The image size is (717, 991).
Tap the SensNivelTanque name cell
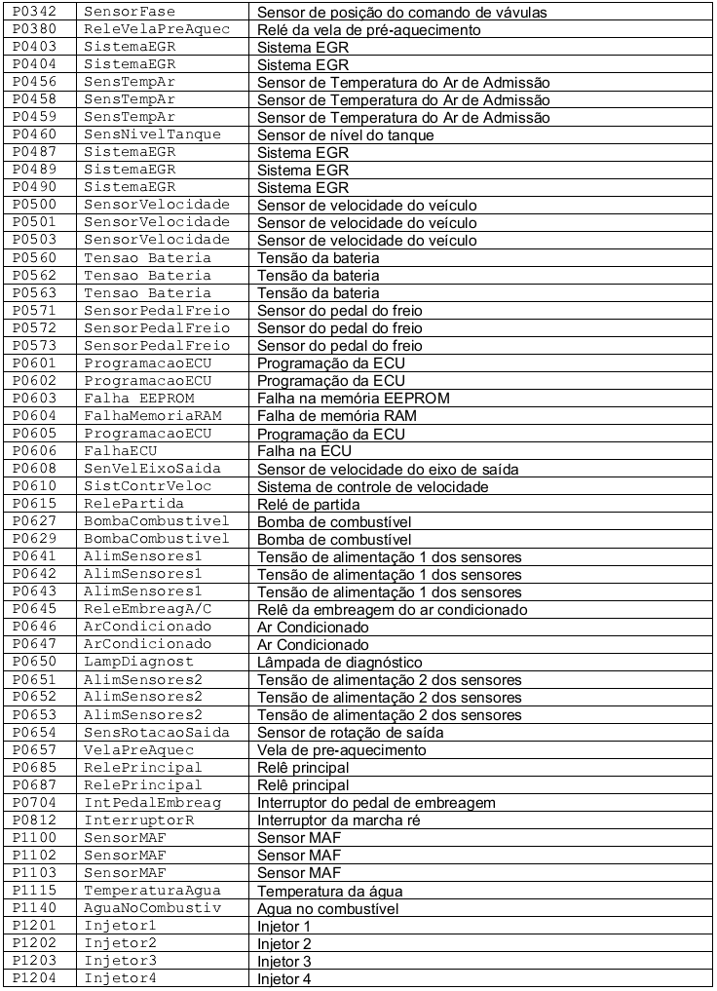coord(153,134)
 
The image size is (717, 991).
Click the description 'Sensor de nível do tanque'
coord(346,135)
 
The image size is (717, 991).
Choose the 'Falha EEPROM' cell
coord(139,399)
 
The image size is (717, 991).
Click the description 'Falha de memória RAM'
coord(337,416)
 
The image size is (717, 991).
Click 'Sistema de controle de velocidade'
coord(373,486)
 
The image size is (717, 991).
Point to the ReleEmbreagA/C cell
coord(146,609)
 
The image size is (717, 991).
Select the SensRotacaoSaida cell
coord(157,733)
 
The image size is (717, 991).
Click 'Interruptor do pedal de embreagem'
coord(377,803)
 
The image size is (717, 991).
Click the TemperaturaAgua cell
coord(153,891)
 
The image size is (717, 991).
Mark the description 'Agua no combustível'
coord(328,908)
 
